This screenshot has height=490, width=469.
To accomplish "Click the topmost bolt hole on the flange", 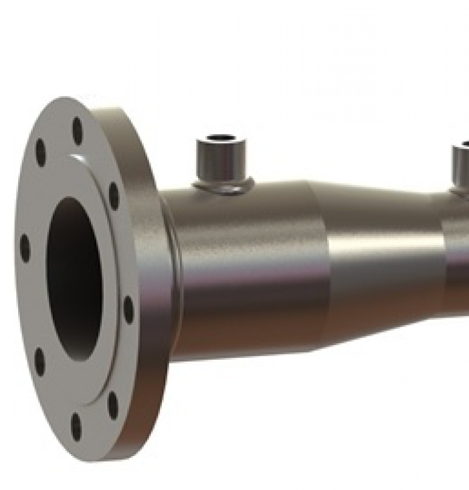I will pyautogui.click(x=77, y=130).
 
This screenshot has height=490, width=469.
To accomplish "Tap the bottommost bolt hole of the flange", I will pyautogui.click(x=76, y=426).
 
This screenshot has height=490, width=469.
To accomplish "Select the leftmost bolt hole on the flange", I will pyautogui.click(x=25, y=248).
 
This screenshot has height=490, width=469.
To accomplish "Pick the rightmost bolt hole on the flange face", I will pyautogui.click(x=128, y=309).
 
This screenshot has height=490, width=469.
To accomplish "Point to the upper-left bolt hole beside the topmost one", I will pyautogui.click(x=40, y=152).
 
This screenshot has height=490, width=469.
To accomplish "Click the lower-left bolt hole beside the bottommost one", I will pyautogui.click(x=39, y=361).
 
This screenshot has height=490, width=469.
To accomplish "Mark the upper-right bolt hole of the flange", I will pyautogui.click(x=114, y=195).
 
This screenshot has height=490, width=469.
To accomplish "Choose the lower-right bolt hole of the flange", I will pyautogui.click(x=113, y=405).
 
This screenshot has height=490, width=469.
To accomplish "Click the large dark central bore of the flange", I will pyautogui.click(x=74, y=279).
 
